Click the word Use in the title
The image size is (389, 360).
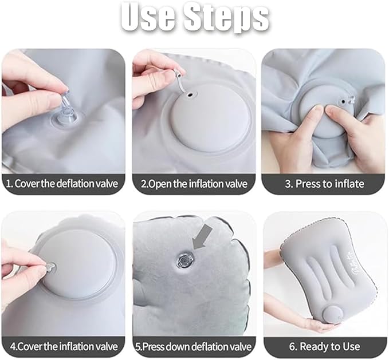[x=151, y=18]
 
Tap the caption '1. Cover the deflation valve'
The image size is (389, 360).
[x=63, y=184]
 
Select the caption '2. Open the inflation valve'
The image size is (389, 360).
[x=194, y=184]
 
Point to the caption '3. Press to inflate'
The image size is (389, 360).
[x=325, y=184]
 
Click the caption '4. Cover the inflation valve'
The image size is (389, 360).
[x=63, y=346]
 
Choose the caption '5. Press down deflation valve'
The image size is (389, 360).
[x=194, y=346]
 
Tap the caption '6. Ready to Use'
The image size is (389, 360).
[x=325, y=346]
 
